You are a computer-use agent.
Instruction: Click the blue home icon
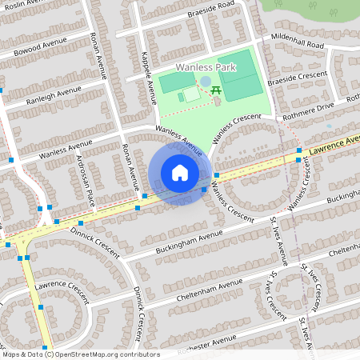tap(180, 172)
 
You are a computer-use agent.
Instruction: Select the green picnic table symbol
tap(216, 90)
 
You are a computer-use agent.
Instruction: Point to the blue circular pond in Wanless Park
tap(206, 81)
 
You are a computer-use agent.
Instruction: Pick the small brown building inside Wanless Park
tap(216, 102)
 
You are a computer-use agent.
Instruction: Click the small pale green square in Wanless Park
tap(191, 94)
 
